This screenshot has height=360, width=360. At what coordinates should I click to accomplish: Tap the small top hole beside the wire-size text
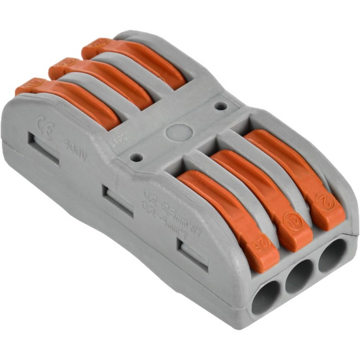[x=135, y=156]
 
